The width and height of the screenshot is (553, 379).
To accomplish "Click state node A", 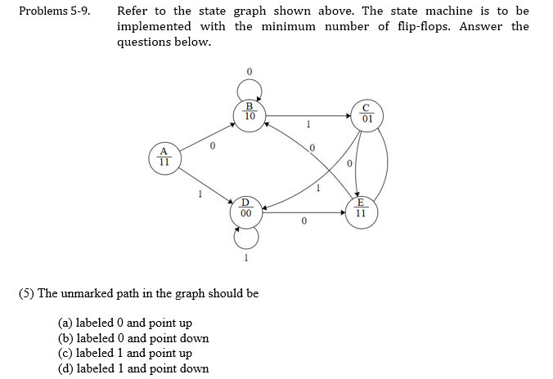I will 164,156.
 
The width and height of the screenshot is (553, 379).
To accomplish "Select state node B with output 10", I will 250,113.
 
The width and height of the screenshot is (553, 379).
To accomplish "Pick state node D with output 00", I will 245,209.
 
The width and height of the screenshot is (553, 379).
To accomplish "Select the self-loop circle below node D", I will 246,236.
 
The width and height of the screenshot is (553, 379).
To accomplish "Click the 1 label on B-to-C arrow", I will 308,125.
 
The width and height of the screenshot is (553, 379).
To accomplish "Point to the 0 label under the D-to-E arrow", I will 303,222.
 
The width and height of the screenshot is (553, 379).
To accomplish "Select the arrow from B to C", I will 308,115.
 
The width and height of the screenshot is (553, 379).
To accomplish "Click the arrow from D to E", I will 303,213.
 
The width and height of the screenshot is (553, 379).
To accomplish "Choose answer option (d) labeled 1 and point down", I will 133,368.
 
